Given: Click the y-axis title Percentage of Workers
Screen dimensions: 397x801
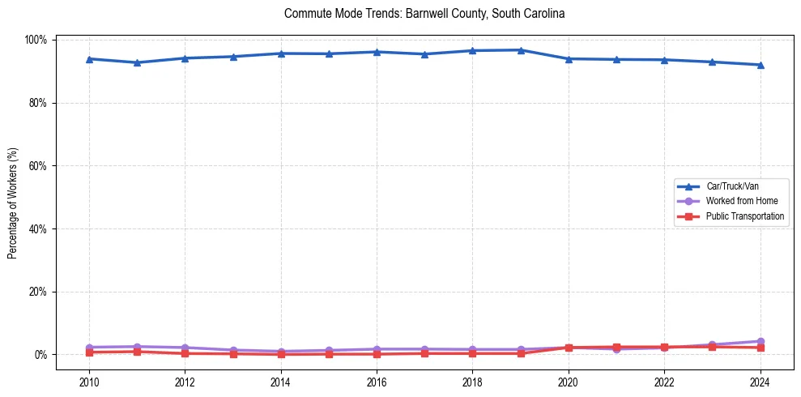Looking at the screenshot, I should click(12, 197).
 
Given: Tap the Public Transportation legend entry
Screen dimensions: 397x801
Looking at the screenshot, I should click(744, 216).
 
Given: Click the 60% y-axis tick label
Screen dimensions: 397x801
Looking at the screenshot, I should click(37, 166).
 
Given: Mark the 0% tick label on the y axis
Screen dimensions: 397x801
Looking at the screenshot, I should click(40, 355).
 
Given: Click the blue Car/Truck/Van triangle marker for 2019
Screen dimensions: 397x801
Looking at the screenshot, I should click(521, 50).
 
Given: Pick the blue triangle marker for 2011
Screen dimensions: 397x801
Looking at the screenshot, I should click(137, 62).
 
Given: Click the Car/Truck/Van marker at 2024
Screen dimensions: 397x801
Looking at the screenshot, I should click(760, 65).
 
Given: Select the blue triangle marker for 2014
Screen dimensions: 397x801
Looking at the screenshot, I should click(281, 53).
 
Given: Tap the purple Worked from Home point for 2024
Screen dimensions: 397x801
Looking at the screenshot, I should click(760, 342).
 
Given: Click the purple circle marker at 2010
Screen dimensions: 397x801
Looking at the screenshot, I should click(89, 348).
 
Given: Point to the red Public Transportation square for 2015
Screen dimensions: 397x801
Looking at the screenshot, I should click(329, 354).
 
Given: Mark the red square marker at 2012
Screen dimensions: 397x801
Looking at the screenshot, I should click(185, 353).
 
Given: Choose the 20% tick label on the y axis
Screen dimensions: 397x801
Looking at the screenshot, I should click(37, 292).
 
